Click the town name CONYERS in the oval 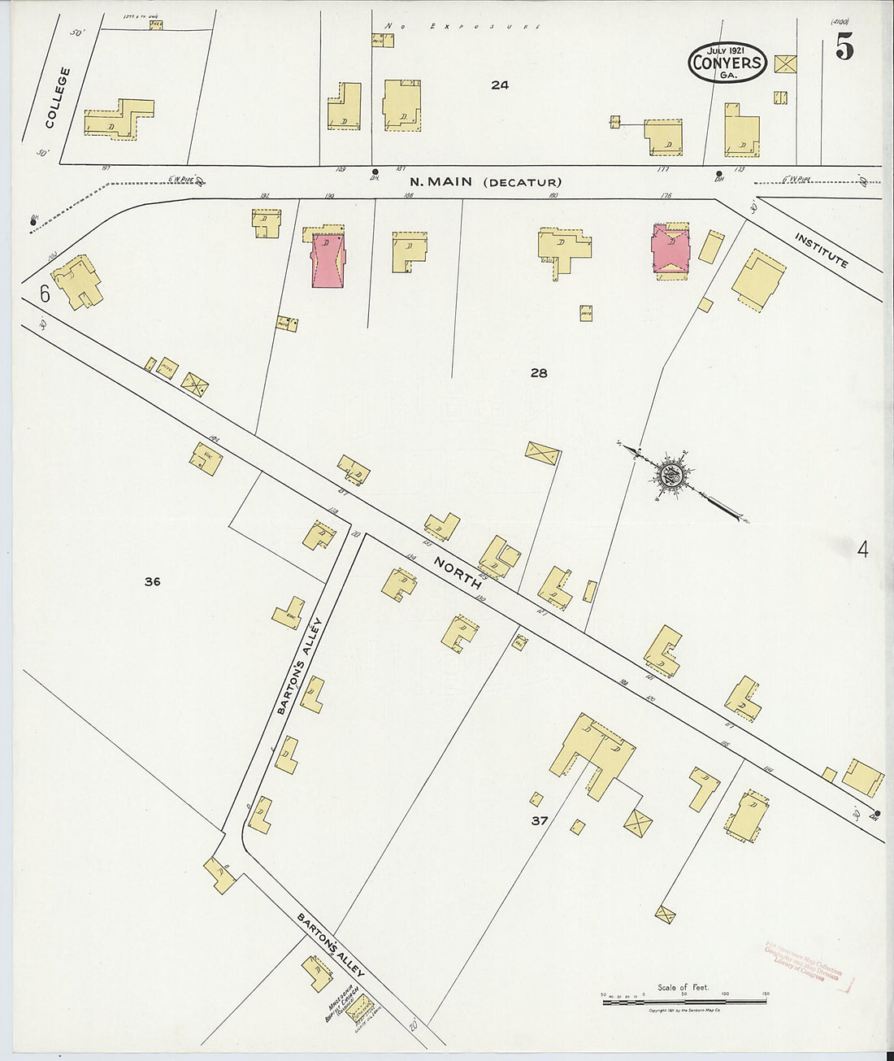click(x=727, y=61)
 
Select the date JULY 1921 click(x=727, y=47)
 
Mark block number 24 click(x=499, y=85)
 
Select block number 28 click(x=538, y=373)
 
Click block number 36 click(x=151, y=581)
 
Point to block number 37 click(x=539, y=821)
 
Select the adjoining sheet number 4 click(x=862, y=550)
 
